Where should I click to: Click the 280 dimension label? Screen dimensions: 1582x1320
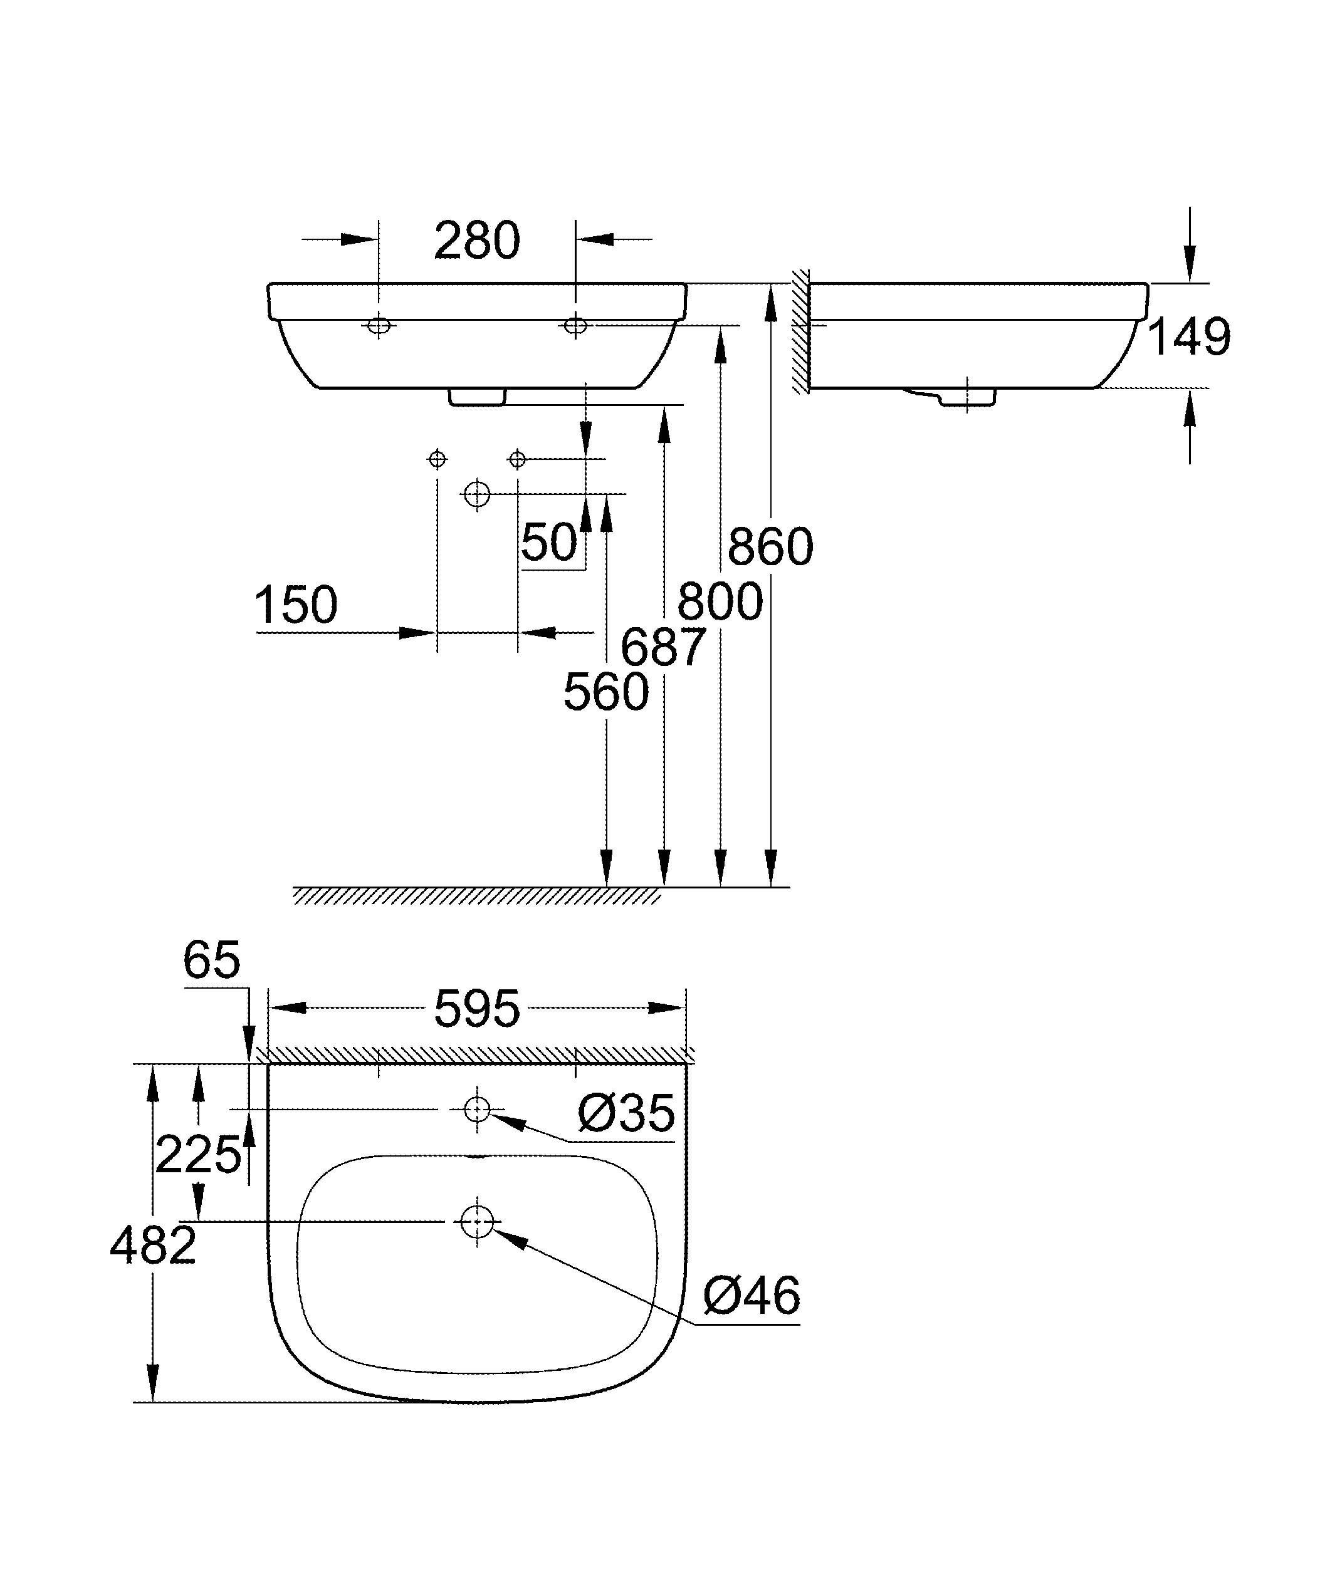tap(477, 241)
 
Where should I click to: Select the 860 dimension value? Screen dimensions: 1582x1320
tap(770, 547)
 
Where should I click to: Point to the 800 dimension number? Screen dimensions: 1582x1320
tap(720, 602)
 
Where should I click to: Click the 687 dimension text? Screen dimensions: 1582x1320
tap(663, 647)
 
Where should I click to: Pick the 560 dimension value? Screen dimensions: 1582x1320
tap(605, 692)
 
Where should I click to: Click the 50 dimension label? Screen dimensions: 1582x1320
tap(548, 543)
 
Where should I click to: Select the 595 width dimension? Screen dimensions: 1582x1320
tap(477, 1009)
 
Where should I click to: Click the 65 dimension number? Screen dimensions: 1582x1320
tap(211, 960)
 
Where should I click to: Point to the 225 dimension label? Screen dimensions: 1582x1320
tap(197, 1155)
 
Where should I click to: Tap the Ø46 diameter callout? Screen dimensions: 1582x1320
tap(751, 1296)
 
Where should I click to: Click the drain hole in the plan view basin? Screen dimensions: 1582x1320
tap(477, 1222)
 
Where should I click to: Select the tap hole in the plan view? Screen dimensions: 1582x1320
tap(477, 1109)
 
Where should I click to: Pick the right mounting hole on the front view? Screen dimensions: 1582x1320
tap(575, 325)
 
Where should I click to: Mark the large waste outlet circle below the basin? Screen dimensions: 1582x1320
tap(476, 494)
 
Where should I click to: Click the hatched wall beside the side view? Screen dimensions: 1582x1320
tap(801, 331)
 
